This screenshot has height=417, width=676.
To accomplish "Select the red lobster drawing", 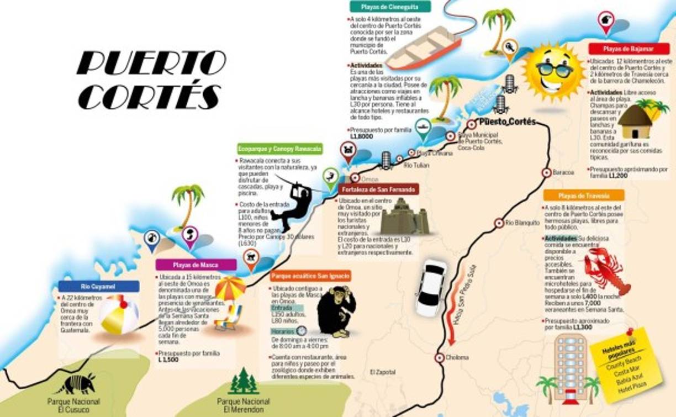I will click(x=608, y=271).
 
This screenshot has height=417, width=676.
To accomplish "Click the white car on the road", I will click(x=431, y=287).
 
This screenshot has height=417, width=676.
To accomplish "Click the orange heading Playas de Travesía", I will click(x=583, y=196).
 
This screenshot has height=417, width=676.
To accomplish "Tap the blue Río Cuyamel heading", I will click(x=98, y=286).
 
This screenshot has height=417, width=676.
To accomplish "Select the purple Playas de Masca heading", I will click(x=196, y=265).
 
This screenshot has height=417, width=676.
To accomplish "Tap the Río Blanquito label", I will click(x=522, y=223).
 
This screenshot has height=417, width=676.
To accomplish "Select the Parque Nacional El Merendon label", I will click(x=243, y=405).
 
